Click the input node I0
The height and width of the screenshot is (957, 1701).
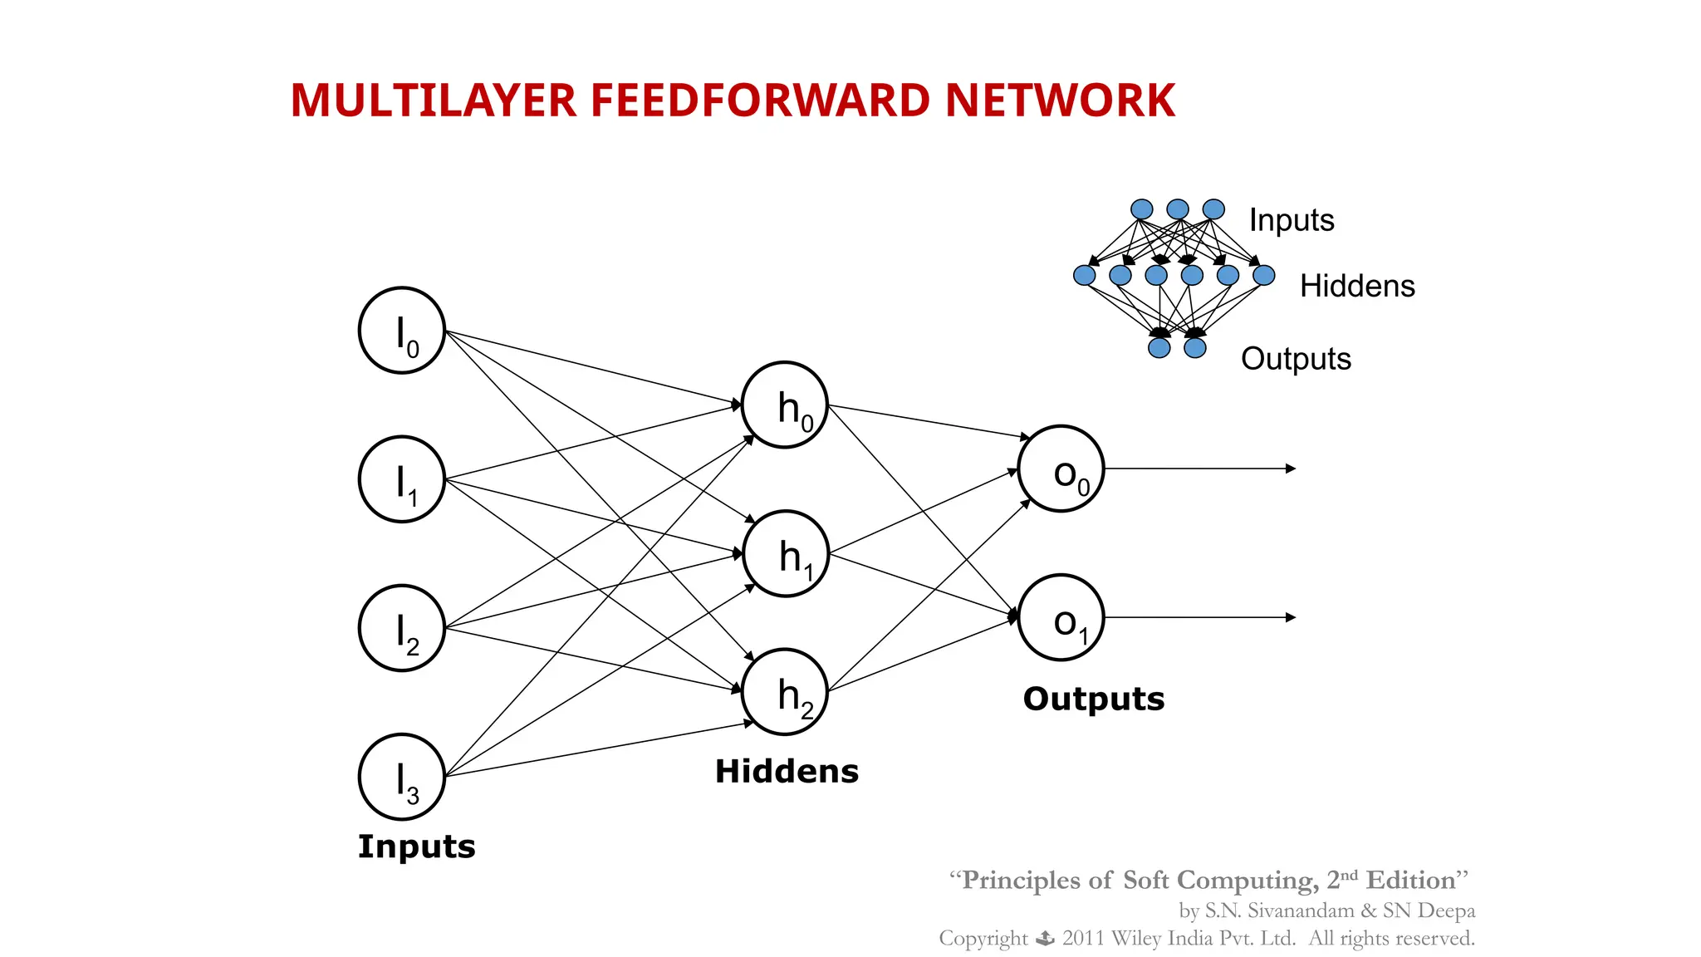(x=402, y=331)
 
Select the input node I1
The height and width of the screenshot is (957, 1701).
(x=402, y=479)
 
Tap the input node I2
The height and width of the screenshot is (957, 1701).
(x=402, y=628)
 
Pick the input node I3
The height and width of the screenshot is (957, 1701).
(x=402, y=777)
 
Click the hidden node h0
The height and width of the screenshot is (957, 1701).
(x=785, y=405)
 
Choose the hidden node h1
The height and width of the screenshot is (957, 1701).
(x=786, y=554)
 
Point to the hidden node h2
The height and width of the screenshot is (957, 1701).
(x=785, y=692)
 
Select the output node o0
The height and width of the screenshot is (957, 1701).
(x=1061, y=469)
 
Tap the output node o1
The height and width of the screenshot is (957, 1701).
(x=1061, y=618)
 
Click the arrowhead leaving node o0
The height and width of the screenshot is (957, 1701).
(x=1291, y=469)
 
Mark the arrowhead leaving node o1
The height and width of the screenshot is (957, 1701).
(x=1291, y=618)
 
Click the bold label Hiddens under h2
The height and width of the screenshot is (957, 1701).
(x=787, y=772)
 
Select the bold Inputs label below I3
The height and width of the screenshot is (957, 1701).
(x=417, y=847)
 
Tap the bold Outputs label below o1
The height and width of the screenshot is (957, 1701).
(x=1094, y=699)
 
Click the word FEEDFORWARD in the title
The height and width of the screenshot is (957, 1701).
(x=760, y=101)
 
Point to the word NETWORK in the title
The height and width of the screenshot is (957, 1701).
(x=1060, y=101)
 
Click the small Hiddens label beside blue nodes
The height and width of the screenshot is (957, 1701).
(x=1357, y=287)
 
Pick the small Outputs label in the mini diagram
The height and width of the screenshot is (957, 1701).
(x=1296, y=359)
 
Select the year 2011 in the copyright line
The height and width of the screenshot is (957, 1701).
(x=1083, y=939)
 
